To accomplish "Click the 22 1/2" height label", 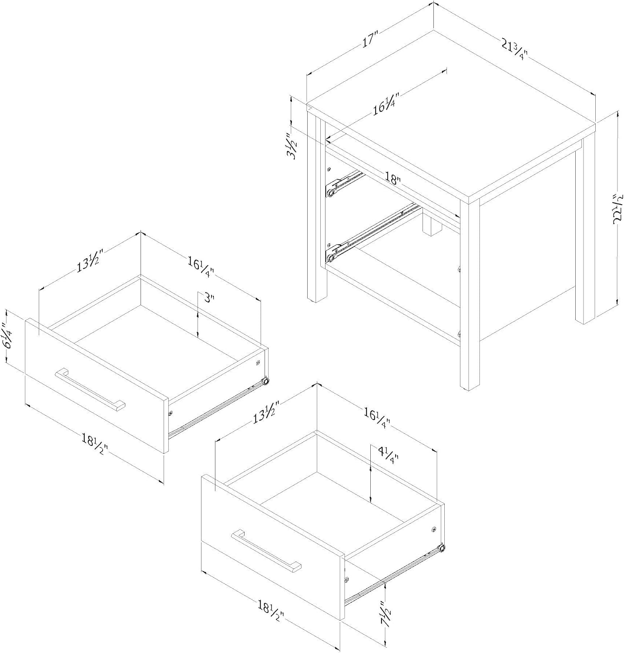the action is (x=617, y=209).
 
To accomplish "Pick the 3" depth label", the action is (x=210, y=298).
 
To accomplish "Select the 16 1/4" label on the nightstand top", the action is (x=386, y=105).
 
